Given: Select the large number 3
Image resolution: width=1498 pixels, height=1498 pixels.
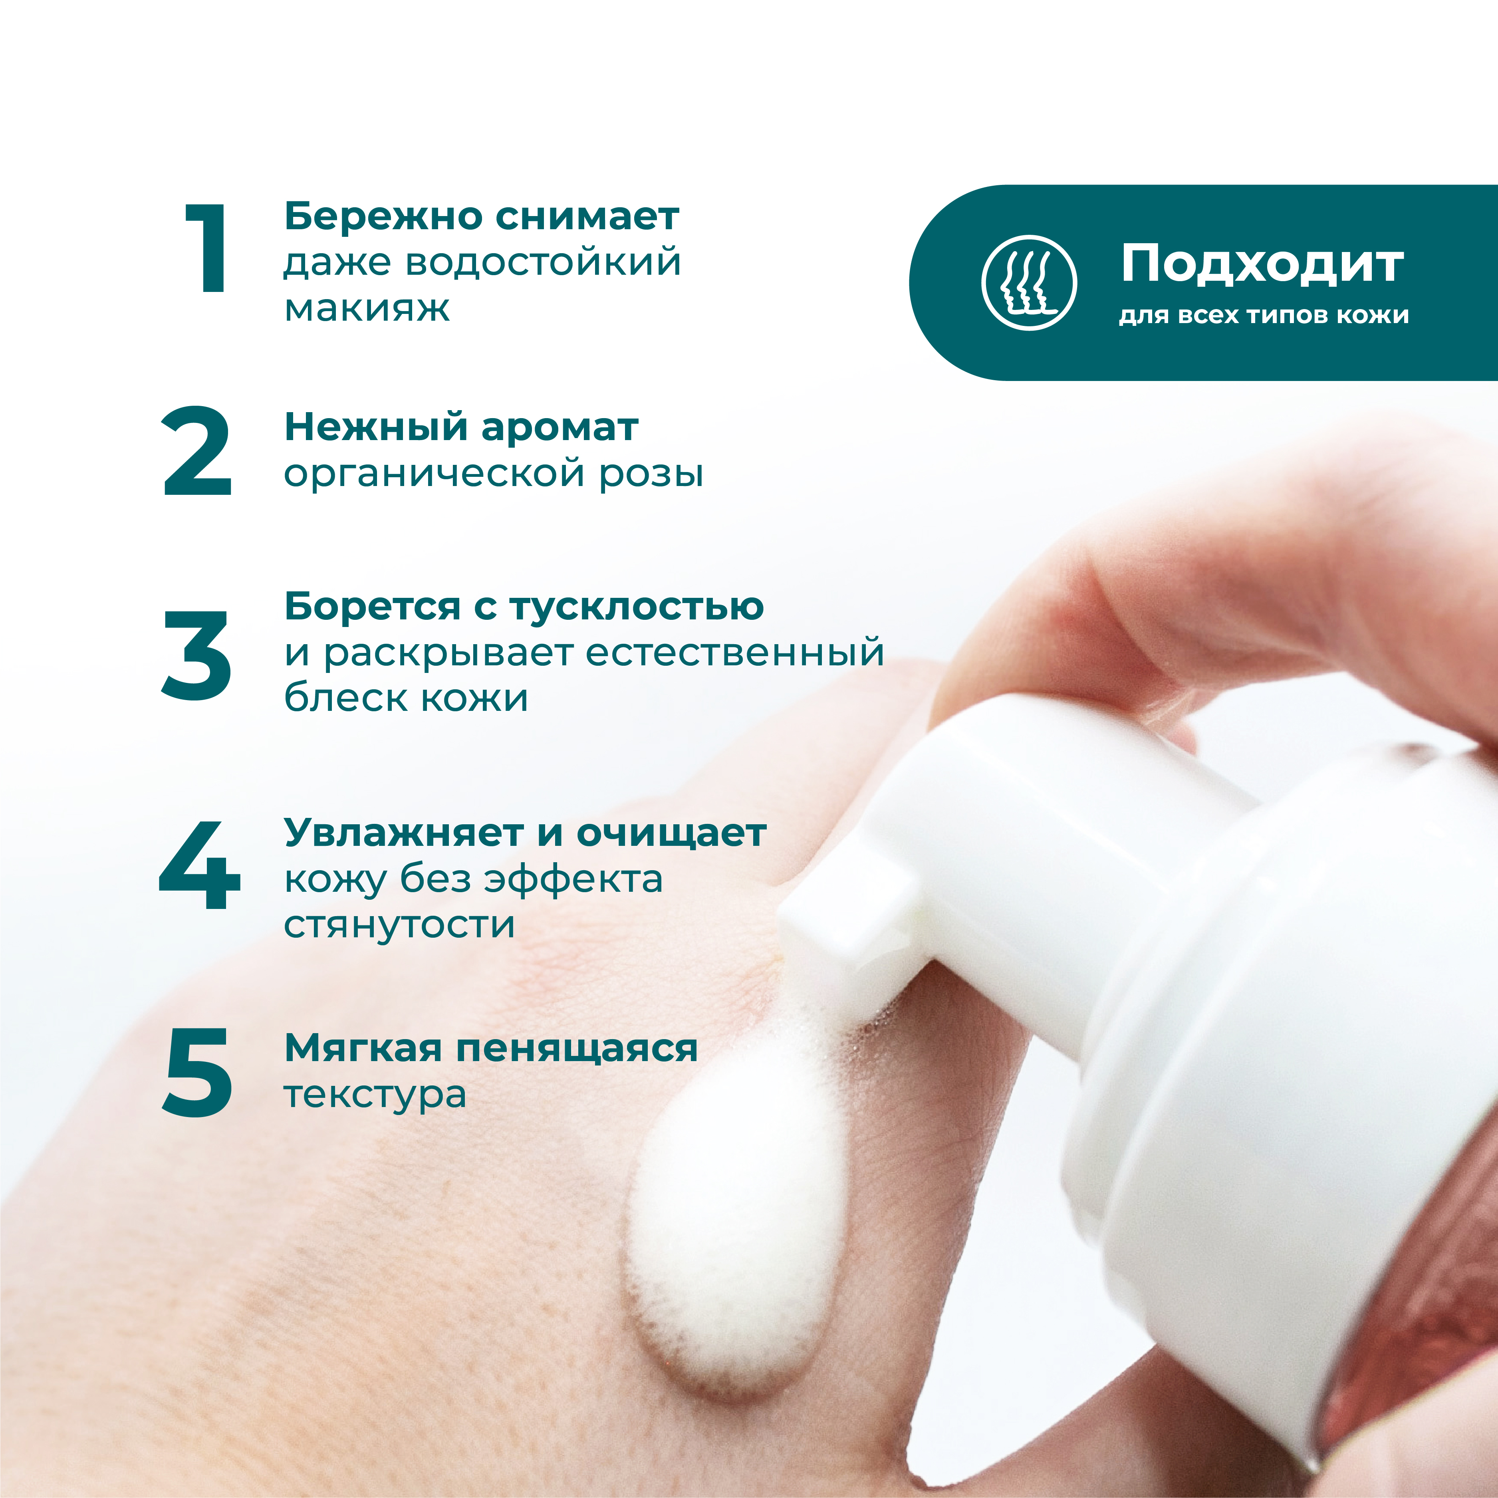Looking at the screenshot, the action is click(196, 655).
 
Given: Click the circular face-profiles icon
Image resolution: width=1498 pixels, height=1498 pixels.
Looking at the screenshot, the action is click(1029, 282).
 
